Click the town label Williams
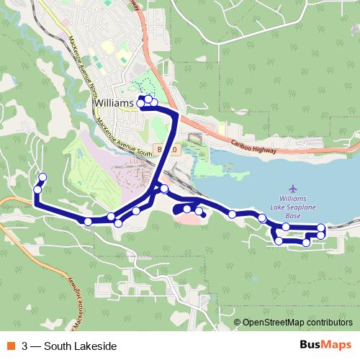(114, 104)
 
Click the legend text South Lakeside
(80, 346)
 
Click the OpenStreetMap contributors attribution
(297, 323)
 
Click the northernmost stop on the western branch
(42, 177)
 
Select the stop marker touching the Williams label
(141, 103)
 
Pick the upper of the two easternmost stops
(321, 228)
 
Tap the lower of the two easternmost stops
(321, 235)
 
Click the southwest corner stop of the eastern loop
(279, 241)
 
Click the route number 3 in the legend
(25, 346)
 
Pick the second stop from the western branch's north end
(37, 189)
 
